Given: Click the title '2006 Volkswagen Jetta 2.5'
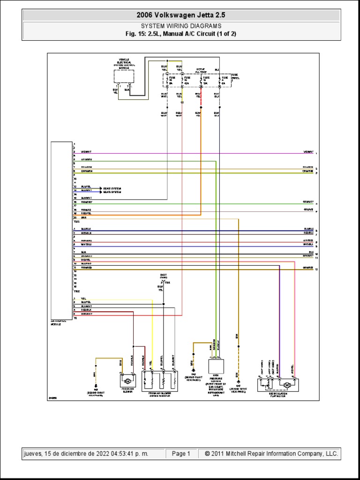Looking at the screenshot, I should coord(180,15).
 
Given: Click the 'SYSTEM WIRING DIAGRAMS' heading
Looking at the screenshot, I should coord(181,26).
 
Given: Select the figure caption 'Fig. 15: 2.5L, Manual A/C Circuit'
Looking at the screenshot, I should coord(181,34).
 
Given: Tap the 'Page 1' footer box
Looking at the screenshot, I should coord(181,454).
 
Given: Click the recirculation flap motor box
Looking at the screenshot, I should coord(277,384).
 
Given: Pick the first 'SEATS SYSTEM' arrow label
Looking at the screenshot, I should coord(112,187).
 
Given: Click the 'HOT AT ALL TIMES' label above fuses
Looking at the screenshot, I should coord(201,70).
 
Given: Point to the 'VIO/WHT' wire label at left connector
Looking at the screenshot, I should coord(86,152).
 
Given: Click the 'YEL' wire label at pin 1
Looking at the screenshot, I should coord(83,299).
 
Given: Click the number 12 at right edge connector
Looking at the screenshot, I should coord(317,270).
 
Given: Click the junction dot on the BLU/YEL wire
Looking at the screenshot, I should coord(163,304).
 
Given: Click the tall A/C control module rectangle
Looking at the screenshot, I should coord(61,230).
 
